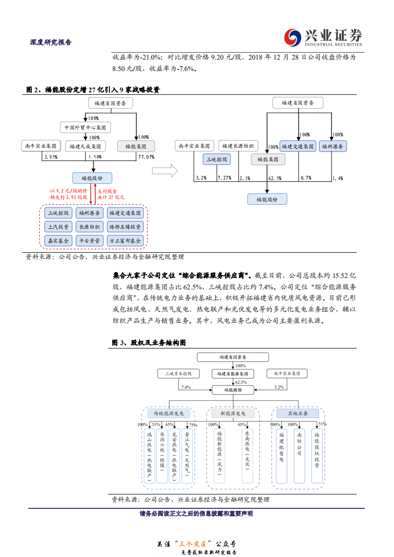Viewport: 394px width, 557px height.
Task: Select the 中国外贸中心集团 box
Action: click(x=85, y=128)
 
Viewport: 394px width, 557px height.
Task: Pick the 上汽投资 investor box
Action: click(x=59, y=227)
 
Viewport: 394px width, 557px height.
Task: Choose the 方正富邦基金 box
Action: click(x=125, y=240)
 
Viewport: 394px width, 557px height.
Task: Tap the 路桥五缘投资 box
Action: click(x=125, y=227)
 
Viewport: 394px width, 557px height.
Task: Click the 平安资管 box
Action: click(x=89, y=240)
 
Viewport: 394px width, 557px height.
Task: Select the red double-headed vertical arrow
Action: click(x=91, y=194)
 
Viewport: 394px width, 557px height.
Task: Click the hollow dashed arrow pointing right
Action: click(x=165, y=171)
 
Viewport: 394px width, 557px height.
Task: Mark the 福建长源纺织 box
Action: click(x=238, y=146)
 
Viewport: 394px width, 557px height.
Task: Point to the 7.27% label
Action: click(x=224, y=178)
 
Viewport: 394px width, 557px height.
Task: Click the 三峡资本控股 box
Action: click(x=178, y=373)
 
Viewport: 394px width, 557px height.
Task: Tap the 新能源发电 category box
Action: click(x=233, y=413)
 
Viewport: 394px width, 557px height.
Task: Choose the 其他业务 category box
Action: click(x=298, y=413)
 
